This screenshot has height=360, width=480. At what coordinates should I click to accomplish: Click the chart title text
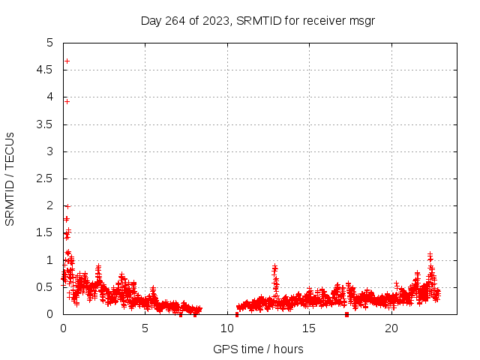pos(257,20)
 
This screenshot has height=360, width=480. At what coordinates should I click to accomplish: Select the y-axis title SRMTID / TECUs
pos(10,178)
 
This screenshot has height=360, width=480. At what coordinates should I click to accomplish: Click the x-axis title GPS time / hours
pos(258,349)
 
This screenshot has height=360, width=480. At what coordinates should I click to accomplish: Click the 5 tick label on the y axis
pos(51,43)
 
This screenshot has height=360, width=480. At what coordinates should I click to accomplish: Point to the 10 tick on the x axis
pos(227,328)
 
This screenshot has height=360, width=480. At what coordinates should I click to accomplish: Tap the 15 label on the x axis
pos(310,328)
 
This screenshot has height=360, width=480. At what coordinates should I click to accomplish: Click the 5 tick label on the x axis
pos(145,328)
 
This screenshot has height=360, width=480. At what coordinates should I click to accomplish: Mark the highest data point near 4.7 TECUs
pos(67,61)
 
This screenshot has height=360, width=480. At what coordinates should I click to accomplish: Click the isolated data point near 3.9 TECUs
pos(67,101)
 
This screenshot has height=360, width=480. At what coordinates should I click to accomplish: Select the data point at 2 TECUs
pos(67,205)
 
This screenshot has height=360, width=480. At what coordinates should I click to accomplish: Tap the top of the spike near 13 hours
pos(274,266)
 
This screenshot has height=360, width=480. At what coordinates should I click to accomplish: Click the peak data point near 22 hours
pos(430,254)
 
